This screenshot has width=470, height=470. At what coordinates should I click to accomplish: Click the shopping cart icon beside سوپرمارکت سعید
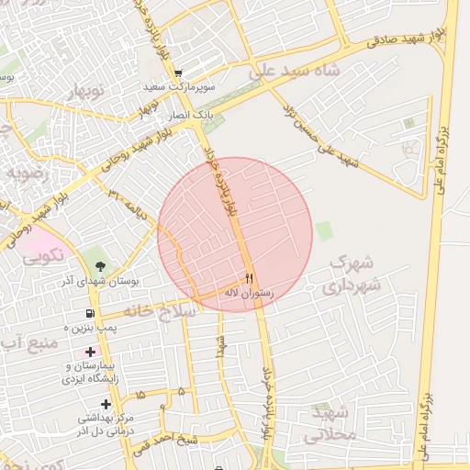coord(178,73)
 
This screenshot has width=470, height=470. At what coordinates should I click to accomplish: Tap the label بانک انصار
coord(189,117)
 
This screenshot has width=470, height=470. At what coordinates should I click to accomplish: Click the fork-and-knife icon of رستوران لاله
coord(248,278)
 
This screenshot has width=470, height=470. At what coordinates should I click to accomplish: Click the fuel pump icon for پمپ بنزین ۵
coord(88,313)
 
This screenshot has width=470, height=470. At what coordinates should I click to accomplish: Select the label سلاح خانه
coord(167,312)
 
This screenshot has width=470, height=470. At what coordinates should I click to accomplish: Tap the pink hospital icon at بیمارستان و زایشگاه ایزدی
coord(89,352)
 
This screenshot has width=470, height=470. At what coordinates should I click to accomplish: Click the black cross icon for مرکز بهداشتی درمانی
coord(106,404)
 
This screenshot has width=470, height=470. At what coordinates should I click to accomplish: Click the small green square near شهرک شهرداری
coord(324,230)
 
